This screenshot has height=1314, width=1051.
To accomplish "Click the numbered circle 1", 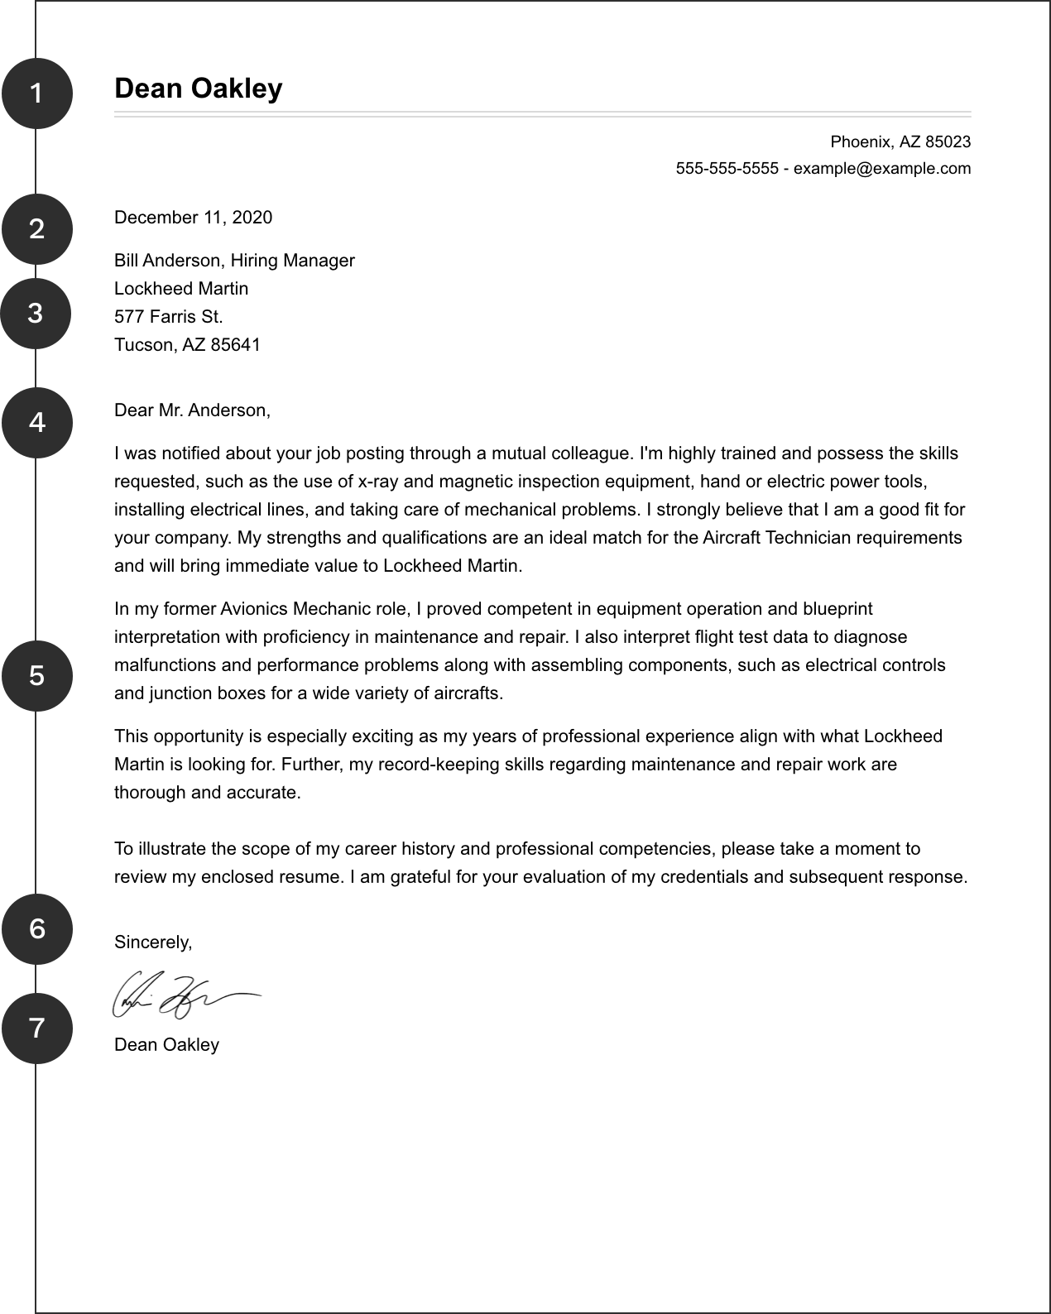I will click(36, 94).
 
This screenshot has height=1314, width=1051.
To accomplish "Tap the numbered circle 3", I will click(36, 314).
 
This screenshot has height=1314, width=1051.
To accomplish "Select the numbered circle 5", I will click(36, 676).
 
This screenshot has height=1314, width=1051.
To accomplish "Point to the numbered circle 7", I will click(36, 1029).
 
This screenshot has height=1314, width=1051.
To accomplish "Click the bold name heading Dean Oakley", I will click(199, 89).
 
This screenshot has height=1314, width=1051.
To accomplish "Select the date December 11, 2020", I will click(193, 218).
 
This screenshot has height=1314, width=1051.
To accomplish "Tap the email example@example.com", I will click(882, 169).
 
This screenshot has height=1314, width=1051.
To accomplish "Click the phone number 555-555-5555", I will click(727, 169).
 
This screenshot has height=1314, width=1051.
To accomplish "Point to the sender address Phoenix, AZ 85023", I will click(900, 142).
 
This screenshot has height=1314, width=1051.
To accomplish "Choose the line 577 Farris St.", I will click(169, 317).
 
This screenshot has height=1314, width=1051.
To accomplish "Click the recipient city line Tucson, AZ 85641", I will click(187, 345).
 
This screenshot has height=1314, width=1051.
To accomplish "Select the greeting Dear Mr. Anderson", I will click(192, 410).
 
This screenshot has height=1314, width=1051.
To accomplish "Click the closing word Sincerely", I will click(153, 942).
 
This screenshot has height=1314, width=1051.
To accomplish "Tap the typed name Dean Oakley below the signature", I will click(166, 1045).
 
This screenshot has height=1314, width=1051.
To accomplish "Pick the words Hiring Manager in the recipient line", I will click(292, 261).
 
